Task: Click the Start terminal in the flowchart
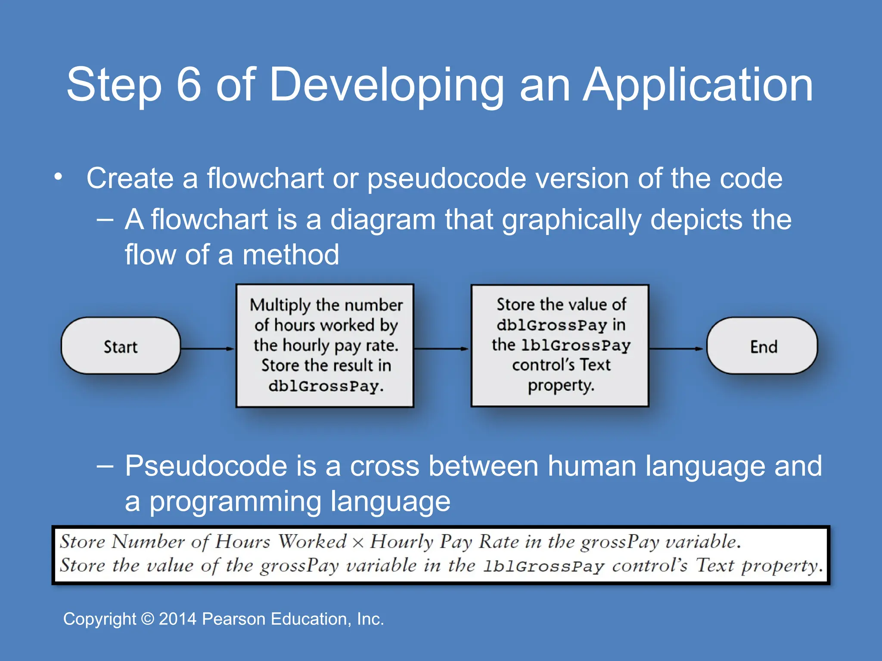point(121,346)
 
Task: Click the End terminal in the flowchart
point(762,346)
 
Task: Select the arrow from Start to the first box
point(208,349)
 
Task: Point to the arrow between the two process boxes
point(442,349)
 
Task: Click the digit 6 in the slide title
point(189,84)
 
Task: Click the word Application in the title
point(698,86)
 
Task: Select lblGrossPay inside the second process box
point(576,345)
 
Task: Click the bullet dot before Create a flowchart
point(59,176)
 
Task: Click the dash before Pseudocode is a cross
point(105,466)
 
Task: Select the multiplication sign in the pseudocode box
point(358,543)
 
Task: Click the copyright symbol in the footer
point(147,619)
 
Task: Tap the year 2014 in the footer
point(177,619)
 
